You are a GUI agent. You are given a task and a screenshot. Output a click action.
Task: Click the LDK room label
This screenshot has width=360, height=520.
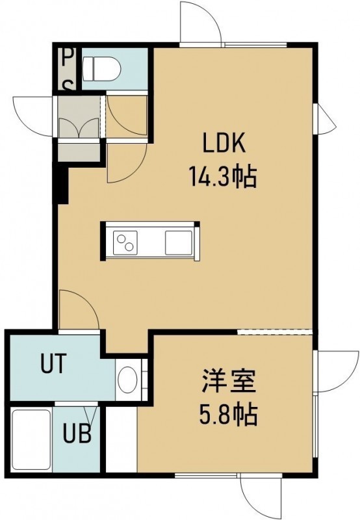pyautogui.click(x=224, y=142)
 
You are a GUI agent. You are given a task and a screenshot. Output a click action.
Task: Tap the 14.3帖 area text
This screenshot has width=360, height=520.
pyautogui.click(x=222, y=177)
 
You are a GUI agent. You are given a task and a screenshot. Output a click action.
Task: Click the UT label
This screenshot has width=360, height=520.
pyautogui.click(x=53, y=363)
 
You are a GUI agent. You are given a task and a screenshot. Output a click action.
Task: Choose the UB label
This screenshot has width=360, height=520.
pyautogui.click(x=77, y=433)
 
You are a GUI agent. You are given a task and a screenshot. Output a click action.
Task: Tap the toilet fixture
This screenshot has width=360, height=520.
pyautogui.click(x=101, y=68)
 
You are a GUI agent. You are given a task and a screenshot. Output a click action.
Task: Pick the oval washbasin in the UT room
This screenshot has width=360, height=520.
pyautogui.click(x=127, y=380)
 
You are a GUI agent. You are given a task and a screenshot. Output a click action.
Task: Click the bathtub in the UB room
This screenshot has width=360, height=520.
pyautogui.click(x=31, y=439)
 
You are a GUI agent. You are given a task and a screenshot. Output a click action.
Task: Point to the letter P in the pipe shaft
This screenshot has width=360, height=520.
pyautogui.click(x=68, y=58)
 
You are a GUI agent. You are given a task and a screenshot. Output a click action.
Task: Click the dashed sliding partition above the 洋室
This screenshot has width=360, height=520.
pyautogui.click(x=275, y=332)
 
